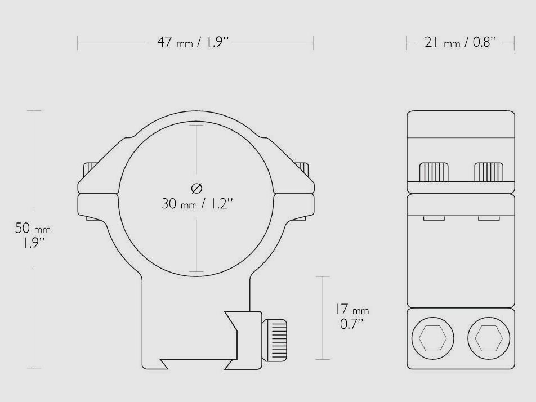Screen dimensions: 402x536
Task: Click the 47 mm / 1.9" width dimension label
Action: point(195,43)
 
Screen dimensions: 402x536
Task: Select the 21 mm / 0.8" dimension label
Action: point(460,43)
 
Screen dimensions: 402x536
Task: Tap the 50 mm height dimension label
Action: point(33,229)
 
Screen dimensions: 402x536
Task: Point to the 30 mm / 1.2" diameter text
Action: point(196,204)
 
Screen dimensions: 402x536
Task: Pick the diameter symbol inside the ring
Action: point(196,187)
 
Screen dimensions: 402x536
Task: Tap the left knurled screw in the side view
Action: point(434,172)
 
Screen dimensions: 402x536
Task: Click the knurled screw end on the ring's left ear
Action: point(90,168)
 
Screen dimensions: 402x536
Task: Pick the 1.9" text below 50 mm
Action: point(33,243)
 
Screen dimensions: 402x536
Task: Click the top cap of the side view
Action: point(460,124)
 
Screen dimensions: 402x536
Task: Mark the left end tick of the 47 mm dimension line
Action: point(78,43)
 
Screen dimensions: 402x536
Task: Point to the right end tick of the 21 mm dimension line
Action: point(515,43)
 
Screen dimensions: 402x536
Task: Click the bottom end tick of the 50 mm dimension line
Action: point(34,369)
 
